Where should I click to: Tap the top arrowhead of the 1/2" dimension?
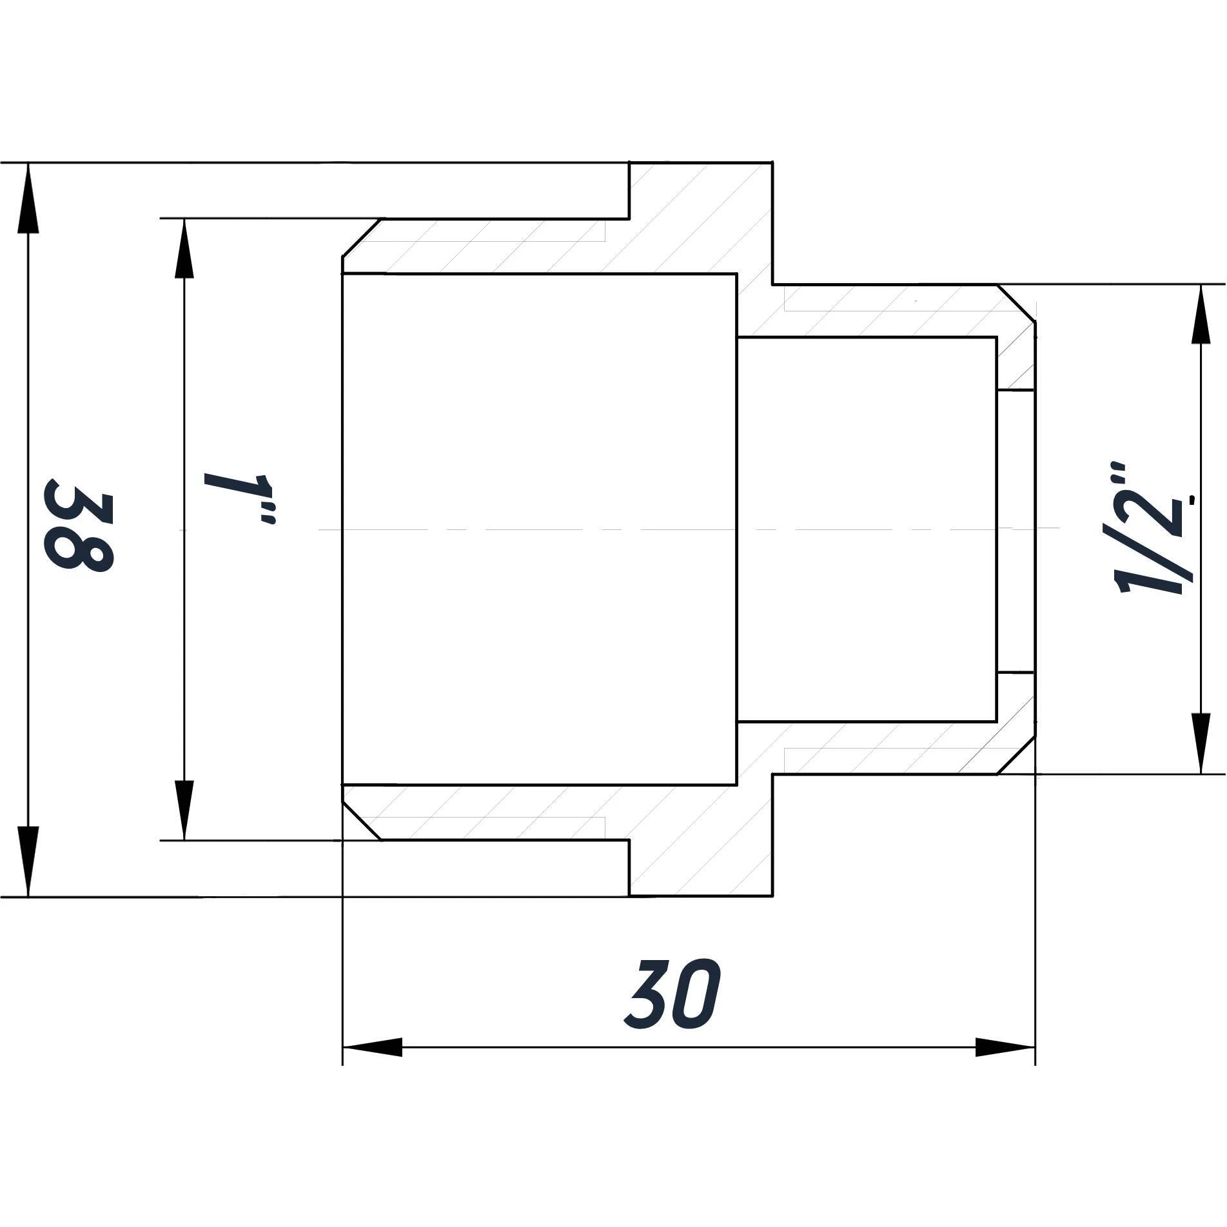tap(1201, 316)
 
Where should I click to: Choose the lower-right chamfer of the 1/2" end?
tap(1017, 756)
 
